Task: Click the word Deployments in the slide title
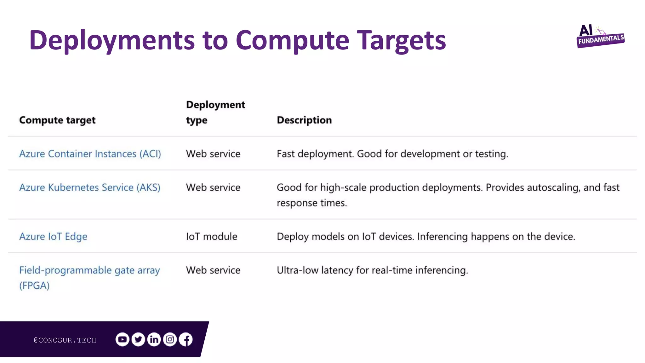tap(112, 40)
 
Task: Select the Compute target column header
tap(57, 120)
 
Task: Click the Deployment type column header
tap(215, 112)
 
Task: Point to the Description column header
tap(304, 120)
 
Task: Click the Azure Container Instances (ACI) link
tap(90, 154)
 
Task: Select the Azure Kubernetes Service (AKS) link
tap(90, 187)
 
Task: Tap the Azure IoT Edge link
tap(53, 237)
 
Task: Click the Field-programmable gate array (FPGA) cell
tap(89, 278)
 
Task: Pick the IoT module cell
tap(212, 237)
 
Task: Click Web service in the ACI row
tap(213, 154)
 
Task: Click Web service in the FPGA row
tap(213, 270)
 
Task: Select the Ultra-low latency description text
tap(372, 270)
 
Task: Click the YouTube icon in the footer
tap(122, 339)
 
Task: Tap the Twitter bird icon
tap(138, 339)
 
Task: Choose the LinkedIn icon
tap(154, 339)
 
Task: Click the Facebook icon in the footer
tap(186, 339)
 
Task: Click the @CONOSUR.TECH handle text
tap(65, 340)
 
